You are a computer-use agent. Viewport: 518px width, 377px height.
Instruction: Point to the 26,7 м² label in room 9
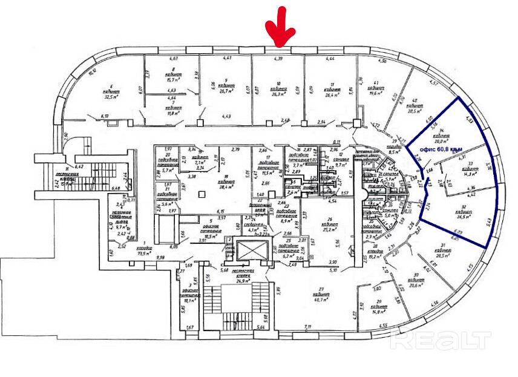[226, 91]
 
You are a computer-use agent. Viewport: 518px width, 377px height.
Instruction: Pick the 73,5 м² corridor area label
[143, 254]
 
